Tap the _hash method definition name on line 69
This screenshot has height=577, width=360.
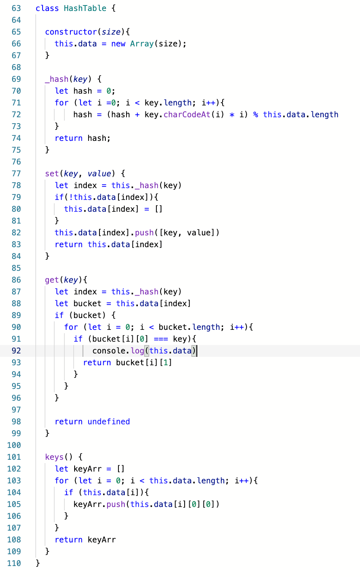(57, 79)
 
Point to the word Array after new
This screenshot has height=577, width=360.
(142, 43)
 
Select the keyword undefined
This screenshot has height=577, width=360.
(109, 421)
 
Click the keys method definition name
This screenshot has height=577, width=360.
(54, 457)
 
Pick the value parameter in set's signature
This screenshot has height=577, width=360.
(99, 173)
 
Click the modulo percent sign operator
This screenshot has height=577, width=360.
(255, 114)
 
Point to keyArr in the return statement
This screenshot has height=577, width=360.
(102, 539)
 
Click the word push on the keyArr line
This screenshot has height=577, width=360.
(116, 504)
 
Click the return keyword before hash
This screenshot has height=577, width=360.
(69, 138)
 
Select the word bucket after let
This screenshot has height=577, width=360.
(87, 303)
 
